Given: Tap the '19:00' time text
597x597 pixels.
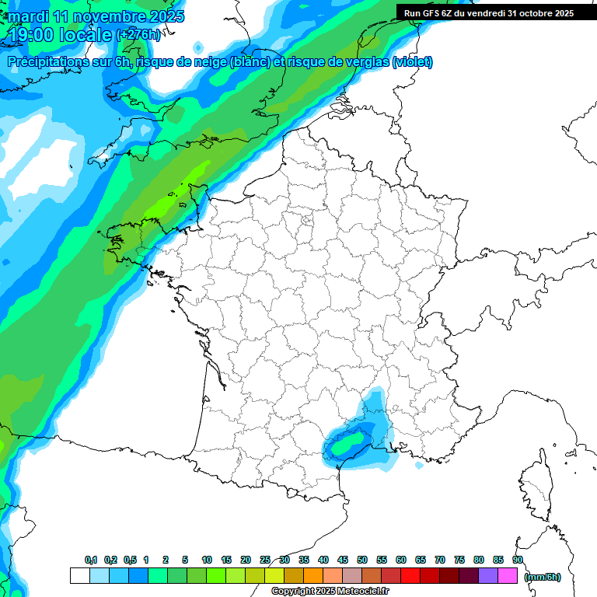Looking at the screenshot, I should pos(36,34).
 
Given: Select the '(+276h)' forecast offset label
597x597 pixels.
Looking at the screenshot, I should pos(138,34).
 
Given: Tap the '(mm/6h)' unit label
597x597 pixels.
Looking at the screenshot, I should pos(542,576).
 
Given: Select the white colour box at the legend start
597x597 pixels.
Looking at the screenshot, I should pos(79,576).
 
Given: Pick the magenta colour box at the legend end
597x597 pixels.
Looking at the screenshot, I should pos(508,576).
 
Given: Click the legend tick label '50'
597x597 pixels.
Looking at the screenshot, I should pos(362,560).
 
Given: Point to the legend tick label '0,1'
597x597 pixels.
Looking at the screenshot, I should pos(90,560).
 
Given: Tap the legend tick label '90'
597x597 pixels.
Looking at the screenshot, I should pos(517,560).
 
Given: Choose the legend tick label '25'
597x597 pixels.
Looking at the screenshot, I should pos(265,560).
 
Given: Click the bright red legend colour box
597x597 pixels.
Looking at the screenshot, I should pos(410,576).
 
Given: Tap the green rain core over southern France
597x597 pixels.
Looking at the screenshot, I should pos(347,444).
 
